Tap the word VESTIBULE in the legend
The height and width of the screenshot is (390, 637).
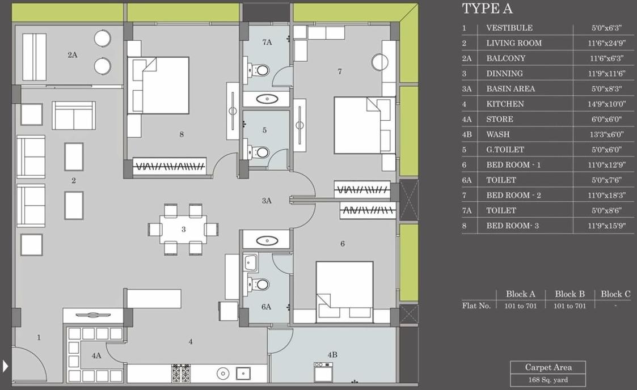(x=509, y=28)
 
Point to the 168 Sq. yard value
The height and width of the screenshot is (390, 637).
(x=547, y=380)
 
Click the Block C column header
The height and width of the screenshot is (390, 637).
(x=615, y=294)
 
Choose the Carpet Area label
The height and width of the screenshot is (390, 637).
(x=547, y=367)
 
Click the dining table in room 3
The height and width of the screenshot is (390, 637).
(x=183, y=230)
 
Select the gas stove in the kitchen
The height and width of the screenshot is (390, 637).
(x=181, y=372)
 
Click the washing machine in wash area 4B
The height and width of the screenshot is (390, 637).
(x=323, y=372)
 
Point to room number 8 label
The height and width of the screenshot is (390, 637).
(x=181, y=134)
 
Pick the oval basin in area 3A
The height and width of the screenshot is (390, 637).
(x=267, y=240)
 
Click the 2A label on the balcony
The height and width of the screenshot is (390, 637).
(x=72, y=55)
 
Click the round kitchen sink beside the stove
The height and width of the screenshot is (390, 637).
(x=223, y=373)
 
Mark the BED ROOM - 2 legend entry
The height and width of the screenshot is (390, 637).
(x=513, y=195)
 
